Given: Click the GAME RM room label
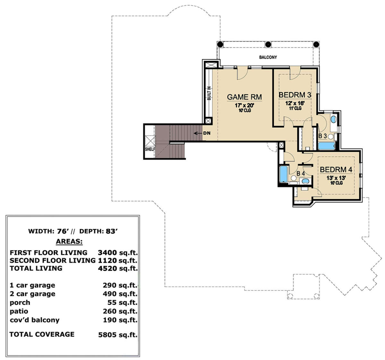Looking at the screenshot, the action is click(244, 97).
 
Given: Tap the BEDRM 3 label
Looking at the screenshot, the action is click(295, 95).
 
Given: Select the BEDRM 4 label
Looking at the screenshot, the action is click(336, 170).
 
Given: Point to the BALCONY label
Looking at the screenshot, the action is click(268, 57).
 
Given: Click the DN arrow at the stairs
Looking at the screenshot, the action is click(198, 133).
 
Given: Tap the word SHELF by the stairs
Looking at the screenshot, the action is click(150, 149).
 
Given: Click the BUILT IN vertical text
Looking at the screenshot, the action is click(209, 93).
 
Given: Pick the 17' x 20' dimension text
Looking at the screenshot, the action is click(244, 105).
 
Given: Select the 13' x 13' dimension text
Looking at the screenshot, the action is click(336, 178).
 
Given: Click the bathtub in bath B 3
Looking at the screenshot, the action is click(327, 146).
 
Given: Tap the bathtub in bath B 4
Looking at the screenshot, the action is click(283, 174).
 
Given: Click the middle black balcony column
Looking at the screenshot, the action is click(268, 44).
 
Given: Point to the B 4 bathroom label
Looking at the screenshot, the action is click(301, 173).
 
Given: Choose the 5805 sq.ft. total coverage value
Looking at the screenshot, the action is click(118, 335).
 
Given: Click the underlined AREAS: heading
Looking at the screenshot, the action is click(69, 241).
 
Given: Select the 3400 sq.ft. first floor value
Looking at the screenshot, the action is click(118, 253).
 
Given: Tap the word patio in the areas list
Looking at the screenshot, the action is click(19, 311).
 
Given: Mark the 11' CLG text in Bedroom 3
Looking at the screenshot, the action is click(295, 108).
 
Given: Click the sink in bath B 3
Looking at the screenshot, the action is click(333, 119).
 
